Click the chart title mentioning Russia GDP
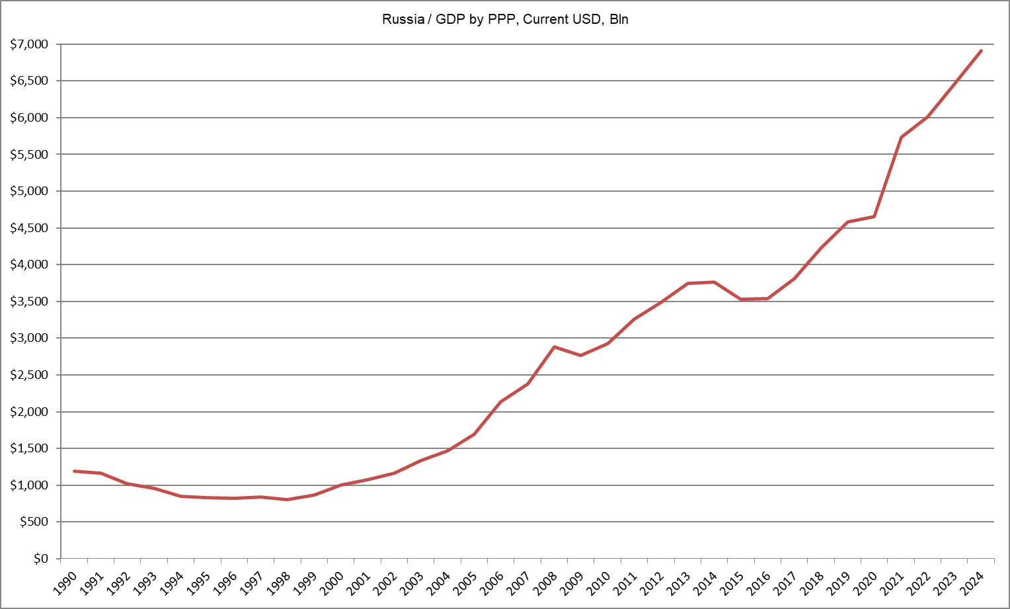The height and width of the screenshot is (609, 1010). coord(505,19)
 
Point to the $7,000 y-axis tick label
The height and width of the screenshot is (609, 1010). coord(29,44)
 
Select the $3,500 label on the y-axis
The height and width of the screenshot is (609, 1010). coord(29,302)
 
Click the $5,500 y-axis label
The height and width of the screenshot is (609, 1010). coord(29,155)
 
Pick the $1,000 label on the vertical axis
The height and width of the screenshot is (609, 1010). coord(29,485)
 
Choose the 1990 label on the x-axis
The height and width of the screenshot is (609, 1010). coord(65,583)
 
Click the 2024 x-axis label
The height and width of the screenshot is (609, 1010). coord(972,583)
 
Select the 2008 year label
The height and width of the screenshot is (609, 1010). coord(545,583)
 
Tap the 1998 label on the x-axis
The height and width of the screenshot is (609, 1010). coord(278,583)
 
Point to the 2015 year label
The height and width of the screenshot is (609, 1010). coord(732,583)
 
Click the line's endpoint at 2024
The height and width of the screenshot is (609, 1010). coord(981,50)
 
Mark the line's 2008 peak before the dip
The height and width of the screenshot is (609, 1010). coord(554,346)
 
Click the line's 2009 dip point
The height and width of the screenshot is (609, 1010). coord(580,356)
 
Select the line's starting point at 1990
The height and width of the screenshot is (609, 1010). coord(74,471)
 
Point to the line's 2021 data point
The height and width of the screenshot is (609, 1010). coord(901,137)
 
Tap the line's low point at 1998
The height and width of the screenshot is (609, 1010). coord(288,499)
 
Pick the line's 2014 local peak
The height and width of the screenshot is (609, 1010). coord(714,282)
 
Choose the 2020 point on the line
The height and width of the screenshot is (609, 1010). coord(874,216)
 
